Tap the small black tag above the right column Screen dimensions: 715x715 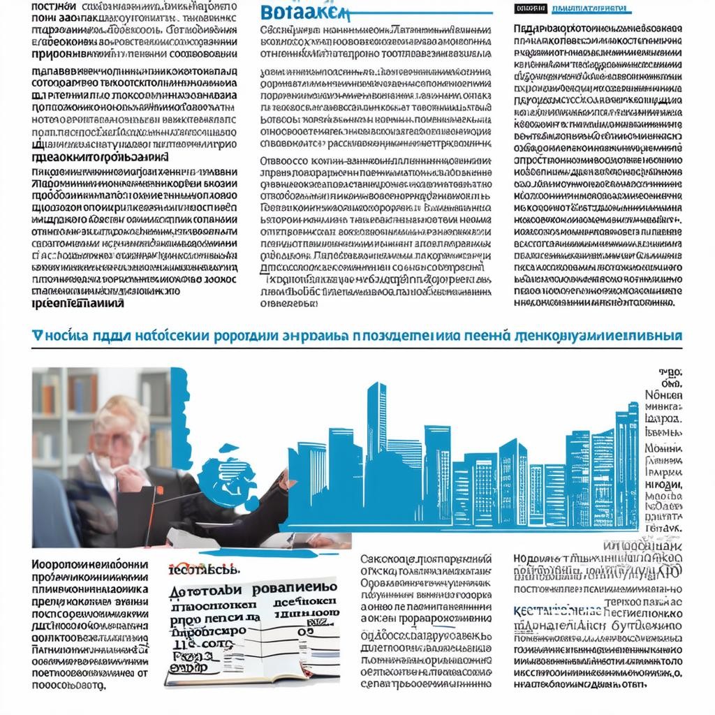529,8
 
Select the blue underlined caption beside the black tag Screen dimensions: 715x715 590,8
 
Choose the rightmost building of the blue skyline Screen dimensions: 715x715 626,461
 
